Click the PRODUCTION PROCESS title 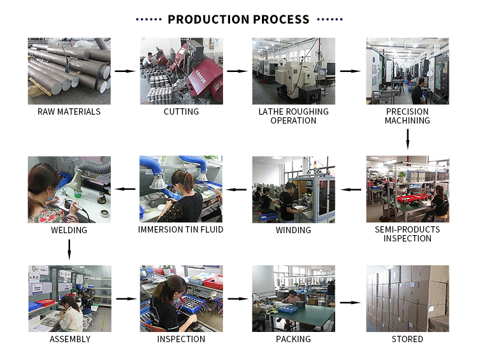[x=238, y=20]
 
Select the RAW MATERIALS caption [x=69, y=112]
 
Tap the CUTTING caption [x=182, y=112]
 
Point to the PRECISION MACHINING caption [x=407, y=116]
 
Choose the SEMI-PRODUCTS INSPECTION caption [x=407, y=234]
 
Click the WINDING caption [x=293, y=230]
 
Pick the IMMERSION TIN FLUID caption [x=181, y=229]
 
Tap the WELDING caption [x=69, y=230]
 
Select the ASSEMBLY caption [x=70, y=339]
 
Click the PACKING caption [x=293, y=339]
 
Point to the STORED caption [x=407, y=339]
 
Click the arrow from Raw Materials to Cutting [x=125, y=71]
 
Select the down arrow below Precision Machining [x=408, y=140]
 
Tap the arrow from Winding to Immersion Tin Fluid [x=236, y=190]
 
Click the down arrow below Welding [x=69, y=250]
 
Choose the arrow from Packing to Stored [x=351, y=303]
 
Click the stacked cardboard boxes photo [x=408, y=298]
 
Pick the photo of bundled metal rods [x=69, y=71]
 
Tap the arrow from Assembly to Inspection [x=127, y=299]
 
